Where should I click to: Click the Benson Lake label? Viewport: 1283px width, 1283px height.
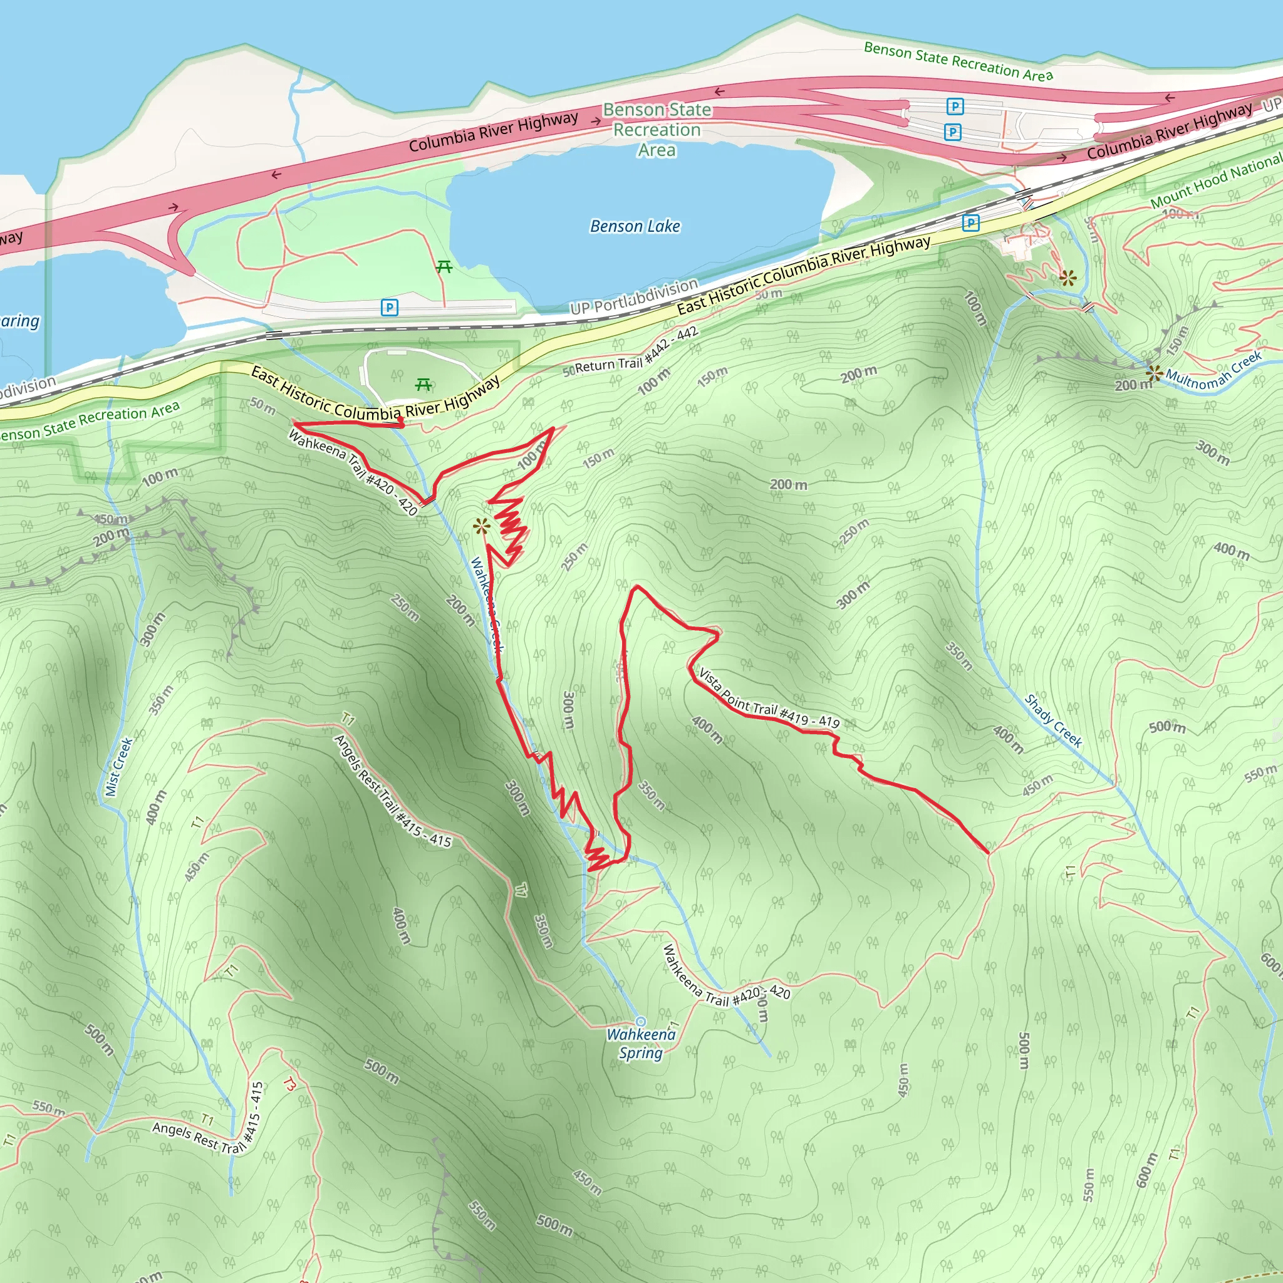pyautogui.click(x=635, y=226)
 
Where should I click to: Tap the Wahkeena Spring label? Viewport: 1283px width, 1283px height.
pyautogui.click(x=640, y=1043)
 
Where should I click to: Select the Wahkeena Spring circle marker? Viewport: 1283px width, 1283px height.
pyautogui.click(x=640, y=1021)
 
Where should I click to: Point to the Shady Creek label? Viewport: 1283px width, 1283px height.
pyautogui.click(x=1053, y=720)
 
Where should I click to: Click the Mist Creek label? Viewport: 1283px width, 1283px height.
pyautogui.click(x=120, y=766)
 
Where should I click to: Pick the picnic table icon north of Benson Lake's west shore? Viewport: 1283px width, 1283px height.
pyautogui.click(x=444, y=267)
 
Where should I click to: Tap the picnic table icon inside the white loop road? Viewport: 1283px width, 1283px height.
pyautogui.click(x=423, y=385)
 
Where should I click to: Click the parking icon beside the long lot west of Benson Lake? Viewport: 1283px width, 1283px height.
pyautogui.click(x=389, y=308)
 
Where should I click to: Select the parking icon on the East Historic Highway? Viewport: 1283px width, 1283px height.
pyautogui.click(x=970, y=223)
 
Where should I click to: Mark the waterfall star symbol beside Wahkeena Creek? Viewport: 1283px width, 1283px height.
pyautogui.click(x=482, y=527)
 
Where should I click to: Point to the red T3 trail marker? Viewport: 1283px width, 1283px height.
pyautogui.click(x=289, y=1084)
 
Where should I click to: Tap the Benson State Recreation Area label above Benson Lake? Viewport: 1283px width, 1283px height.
pyautogui.click(x=657, y=130)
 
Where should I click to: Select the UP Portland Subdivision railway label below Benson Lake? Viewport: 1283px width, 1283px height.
pyautogui.click(x=634, y=298)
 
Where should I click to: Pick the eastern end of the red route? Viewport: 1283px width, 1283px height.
pyautogui.click(x=987, y=852)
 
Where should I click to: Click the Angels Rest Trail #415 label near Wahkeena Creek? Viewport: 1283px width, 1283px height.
pyautogui.click(x=392, y=792)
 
